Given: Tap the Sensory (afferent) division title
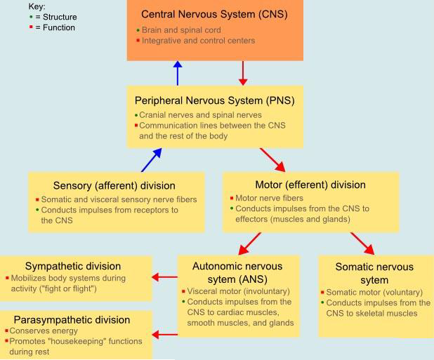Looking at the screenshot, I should [x=104, y=186].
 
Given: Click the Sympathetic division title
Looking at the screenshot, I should [x=73, y=266].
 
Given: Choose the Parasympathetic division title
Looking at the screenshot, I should [x=77, y=319].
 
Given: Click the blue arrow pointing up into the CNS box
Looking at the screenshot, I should [x=178, y=73].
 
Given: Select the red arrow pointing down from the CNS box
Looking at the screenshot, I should [x=243, y=73].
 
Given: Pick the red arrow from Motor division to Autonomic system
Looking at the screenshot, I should [x=249, y=243].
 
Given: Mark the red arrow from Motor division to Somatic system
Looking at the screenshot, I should [x=362, y=243].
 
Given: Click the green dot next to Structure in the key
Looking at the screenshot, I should [x=31, y=17].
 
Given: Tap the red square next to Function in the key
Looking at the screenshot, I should [x=31, y=28].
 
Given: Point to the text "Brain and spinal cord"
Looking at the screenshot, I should [x=181, y=30].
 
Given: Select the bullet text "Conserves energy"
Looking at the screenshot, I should [x=43, y=331].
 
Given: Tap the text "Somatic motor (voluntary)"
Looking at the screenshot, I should [x=374, y=292].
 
